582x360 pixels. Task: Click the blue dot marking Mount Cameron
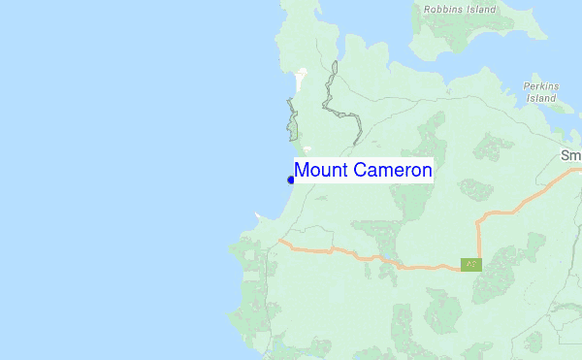click(291, 180)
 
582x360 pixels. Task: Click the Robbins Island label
click(459, 10)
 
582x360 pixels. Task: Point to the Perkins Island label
click(540, 91)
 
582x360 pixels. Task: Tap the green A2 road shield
click(471, 264)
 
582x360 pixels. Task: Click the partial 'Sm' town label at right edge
click(570, 155)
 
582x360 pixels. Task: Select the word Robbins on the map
click(443, 10)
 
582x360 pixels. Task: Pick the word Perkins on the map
click(540, 85)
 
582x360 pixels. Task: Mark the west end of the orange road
click(279, 240)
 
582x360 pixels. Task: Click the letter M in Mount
click(302, 171)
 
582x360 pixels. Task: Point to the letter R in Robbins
click(426, 10)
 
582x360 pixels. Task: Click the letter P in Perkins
click(527, 85)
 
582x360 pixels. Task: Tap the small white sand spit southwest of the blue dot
click(258, 215)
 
